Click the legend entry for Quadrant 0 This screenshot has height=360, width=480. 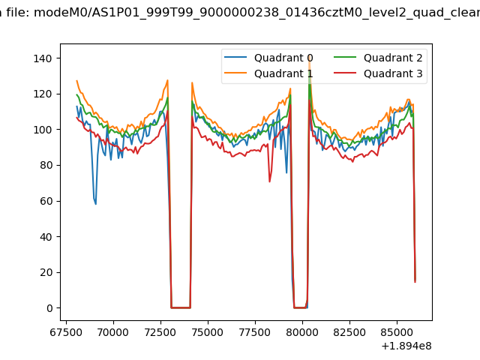(283, 58)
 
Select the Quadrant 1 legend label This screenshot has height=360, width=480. (283, 73)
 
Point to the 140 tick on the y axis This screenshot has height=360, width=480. (46, 58)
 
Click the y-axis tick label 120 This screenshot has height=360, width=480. (46, 94)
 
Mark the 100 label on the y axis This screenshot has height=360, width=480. (46, 130)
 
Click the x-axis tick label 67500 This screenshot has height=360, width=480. (66, 331)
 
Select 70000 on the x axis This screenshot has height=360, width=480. (113, 331)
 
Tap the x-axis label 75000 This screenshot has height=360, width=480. (208, 331)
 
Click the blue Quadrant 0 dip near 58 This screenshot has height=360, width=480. (95, 204)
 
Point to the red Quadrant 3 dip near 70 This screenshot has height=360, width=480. (270, 181)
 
